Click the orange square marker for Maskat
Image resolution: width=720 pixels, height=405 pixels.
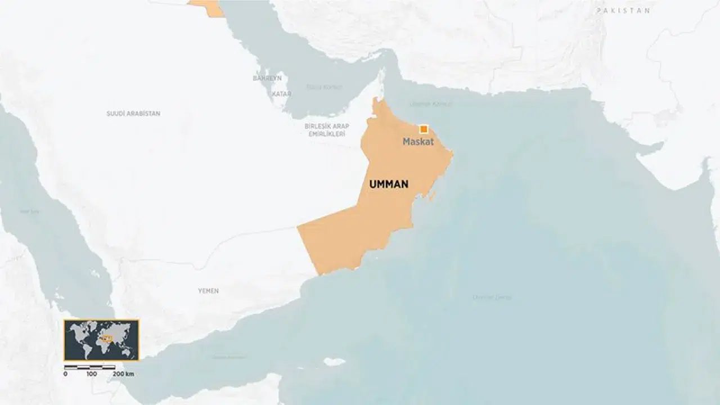tap(424, 129)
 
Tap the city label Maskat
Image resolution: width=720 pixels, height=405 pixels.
tap(418, 142)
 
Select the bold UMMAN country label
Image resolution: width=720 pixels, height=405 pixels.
tap(389, 184)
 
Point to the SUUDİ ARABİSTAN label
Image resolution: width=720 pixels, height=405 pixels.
tap(133, 114)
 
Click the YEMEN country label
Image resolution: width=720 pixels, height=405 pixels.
tap(208, 291)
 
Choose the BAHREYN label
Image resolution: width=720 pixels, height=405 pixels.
tap(267, 78)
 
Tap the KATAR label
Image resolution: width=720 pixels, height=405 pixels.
tap(281, 94)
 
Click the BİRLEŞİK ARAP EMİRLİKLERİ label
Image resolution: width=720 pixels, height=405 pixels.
tap(327, 130)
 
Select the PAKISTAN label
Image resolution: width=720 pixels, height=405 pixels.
tap(623, 11)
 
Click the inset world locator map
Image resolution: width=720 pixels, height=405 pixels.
tap(101, 340)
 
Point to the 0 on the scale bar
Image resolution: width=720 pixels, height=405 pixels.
tap(65, 374)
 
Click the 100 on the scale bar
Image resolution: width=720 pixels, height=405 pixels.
tap(92, 374)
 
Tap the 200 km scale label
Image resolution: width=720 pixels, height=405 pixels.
tap(123, 374)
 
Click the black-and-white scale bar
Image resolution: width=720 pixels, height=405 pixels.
tap(90, 367)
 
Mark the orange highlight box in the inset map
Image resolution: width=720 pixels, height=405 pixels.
tap(107, 338)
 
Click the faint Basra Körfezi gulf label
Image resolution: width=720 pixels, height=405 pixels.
tap(324, 87)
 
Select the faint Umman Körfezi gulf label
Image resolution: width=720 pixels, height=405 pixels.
tap(423, 104)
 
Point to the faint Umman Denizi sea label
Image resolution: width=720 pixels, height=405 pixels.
tap(492, 297)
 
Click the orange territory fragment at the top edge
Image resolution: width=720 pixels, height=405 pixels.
tap(206, 7)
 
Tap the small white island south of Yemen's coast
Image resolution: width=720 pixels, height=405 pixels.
tap(334, 362)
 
